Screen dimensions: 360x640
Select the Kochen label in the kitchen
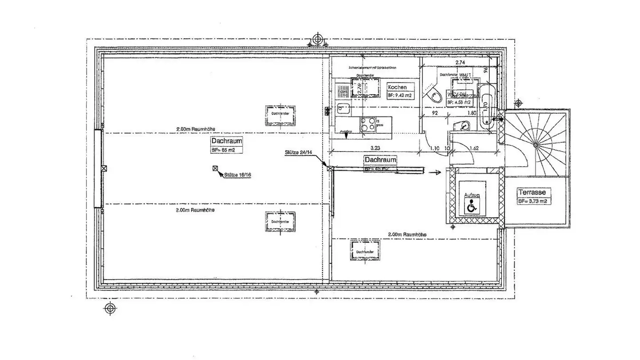coord(397,87)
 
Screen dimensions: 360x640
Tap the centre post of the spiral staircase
coord(536,145)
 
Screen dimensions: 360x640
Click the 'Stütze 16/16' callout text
coord(238,175)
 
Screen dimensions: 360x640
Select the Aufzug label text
coord(472,195)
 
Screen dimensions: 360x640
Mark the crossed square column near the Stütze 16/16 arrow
coord(215,168)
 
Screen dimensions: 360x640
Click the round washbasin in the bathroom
coord(464,126)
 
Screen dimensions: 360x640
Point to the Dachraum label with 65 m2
coord(227,141)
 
